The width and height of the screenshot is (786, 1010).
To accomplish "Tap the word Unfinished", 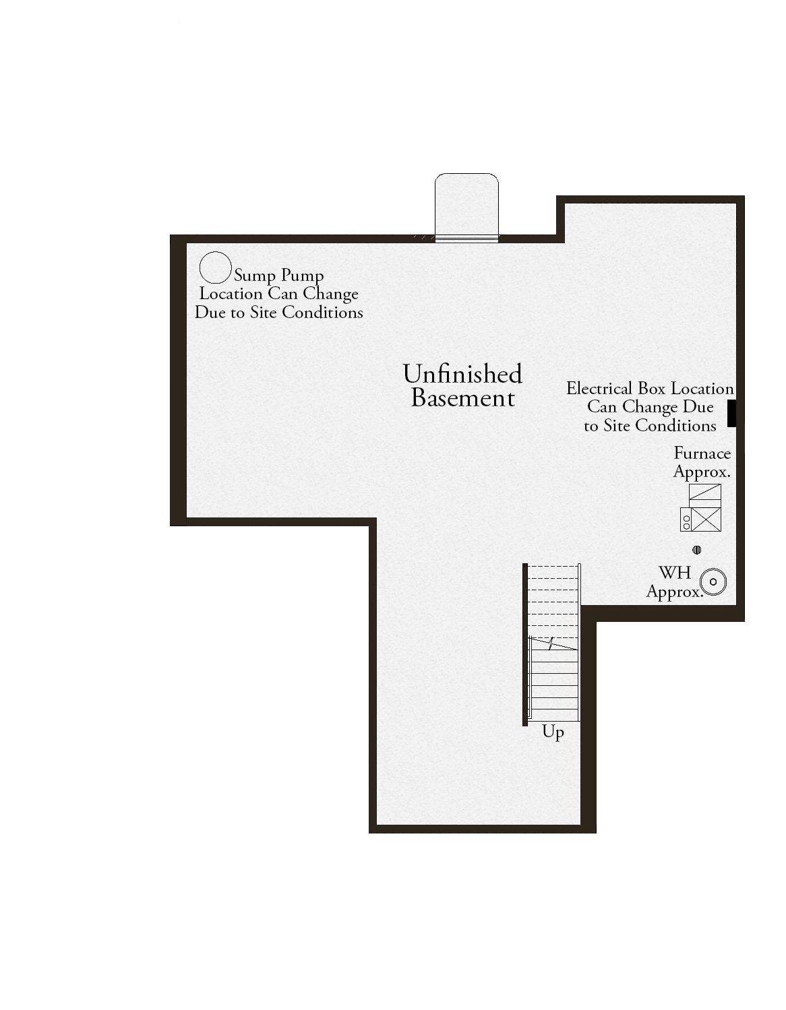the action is click(462, 374).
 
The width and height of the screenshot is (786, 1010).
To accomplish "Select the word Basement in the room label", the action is click(463, 398).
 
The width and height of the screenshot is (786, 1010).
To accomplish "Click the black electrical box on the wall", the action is click(731, 413).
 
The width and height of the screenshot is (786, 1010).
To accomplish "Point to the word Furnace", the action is click(702, 453).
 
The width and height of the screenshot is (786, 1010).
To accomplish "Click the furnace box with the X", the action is click(706, 519).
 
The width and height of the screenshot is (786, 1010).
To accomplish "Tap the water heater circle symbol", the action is click(713, 582).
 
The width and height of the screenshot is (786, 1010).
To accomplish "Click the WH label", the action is click(675, 573).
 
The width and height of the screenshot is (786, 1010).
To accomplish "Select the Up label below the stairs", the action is click(553, 732).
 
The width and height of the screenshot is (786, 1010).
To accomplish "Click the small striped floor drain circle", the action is click(697, 550).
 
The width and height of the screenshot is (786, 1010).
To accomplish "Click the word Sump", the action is click(255, 276).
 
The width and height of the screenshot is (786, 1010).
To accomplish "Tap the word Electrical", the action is click(599, 389).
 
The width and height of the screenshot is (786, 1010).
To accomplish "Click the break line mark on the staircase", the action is click(551, 643).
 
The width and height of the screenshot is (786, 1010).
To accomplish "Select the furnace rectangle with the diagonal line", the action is click(705, 492).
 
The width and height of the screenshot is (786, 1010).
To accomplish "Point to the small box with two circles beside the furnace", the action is click(686, 519).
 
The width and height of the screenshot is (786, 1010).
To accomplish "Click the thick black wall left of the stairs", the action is click(525, 645).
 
